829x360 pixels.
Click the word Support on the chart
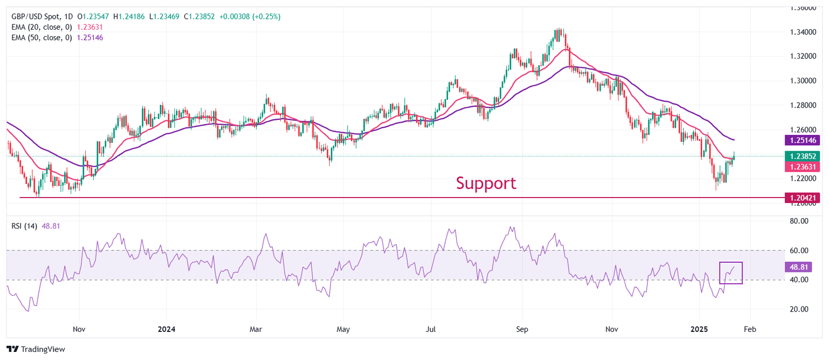[x=486, y=183]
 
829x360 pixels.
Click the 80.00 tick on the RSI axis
[x=800, y=221]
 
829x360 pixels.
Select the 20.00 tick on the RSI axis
[x=800, y=309]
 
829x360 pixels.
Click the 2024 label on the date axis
[x=166, y=329]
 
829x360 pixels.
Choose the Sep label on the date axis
[x=522, y=329]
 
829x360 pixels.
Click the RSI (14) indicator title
[x=24, y=226]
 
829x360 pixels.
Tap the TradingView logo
[x=36, y=349]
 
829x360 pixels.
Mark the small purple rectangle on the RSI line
[x=731, y=273]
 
